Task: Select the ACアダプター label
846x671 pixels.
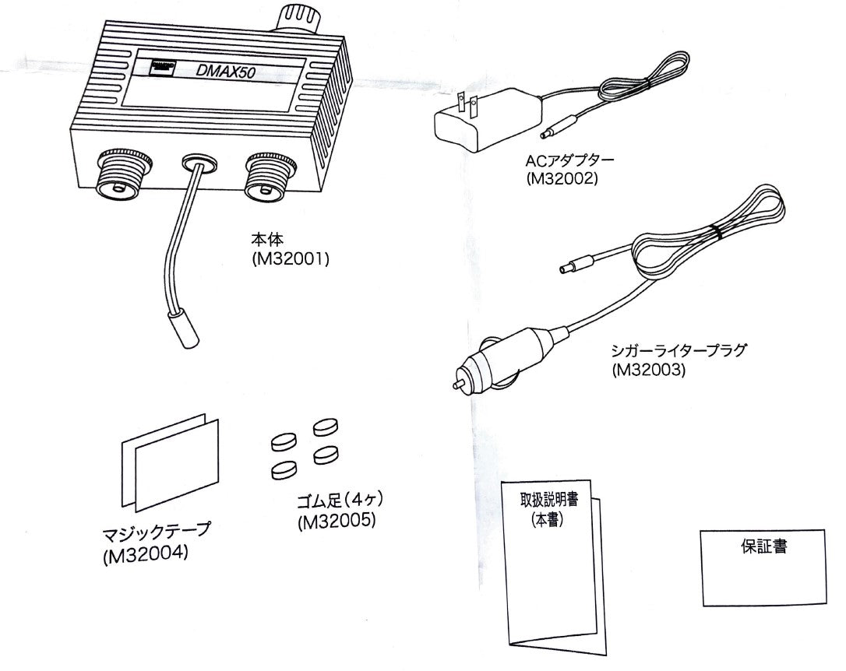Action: [x=570, y=162]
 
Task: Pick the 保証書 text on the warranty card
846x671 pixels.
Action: [x=762, y=546]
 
